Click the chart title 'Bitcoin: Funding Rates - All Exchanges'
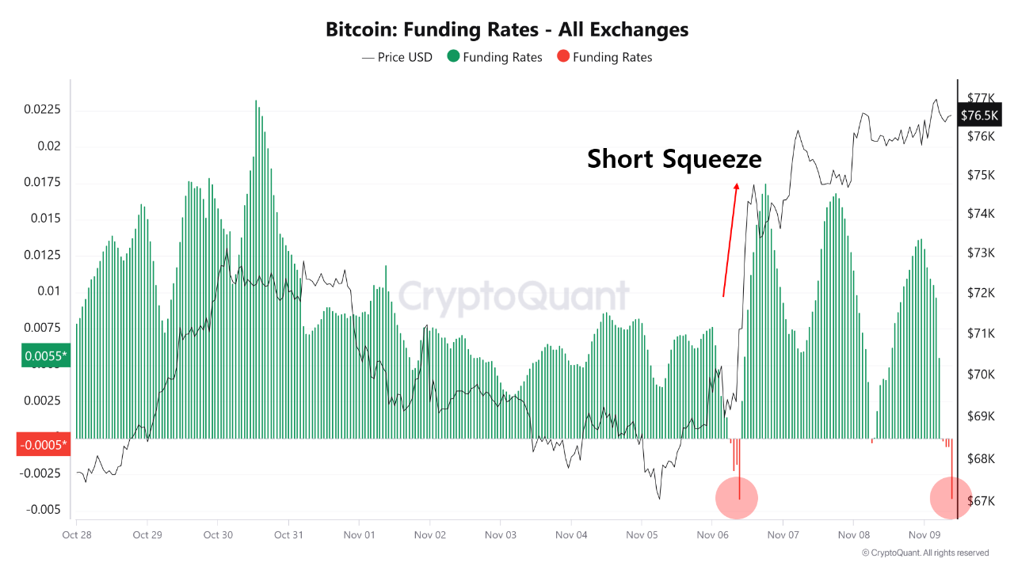507,30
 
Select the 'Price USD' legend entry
397,57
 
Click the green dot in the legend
453,57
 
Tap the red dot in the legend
562,57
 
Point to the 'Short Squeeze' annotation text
674,159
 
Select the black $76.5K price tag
980,116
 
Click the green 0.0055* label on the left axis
46,356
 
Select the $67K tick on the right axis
981,500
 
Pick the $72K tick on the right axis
981,293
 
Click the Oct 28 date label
77,535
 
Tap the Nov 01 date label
359,535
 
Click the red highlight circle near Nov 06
737,498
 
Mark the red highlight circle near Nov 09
951,498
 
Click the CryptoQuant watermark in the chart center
513,297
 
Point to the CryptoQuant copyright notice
925,553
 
